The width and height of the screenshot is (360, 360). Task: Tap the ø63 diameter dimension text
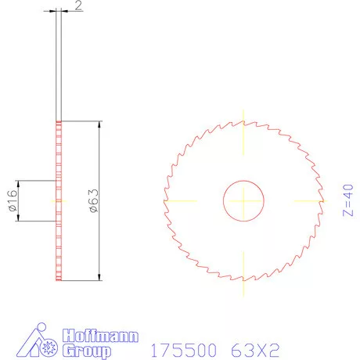pyautogui.click(x=92, y=200)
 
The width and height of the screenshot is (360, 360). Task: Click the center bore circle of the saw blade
pyautogui.click(x=245, y=200)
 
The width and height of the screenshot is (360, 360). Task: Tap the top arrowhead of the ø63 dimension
pyautogui.click(x=99, y=126)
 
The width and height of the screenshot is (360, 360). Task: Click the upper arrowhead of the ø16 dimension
pyautogui.click(x=20, y=184)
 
